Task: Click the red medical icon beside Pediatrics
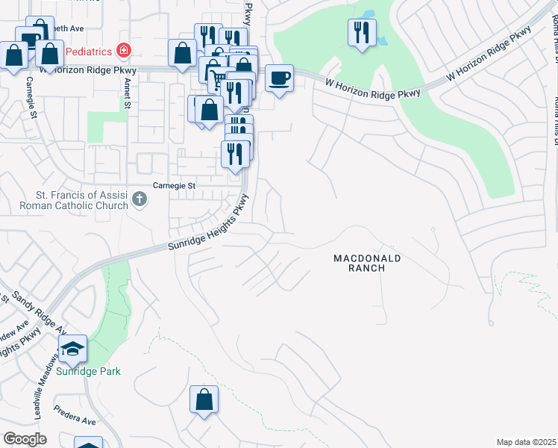124,51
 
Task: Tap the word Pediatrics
88,52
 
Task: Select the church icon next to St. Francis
139,199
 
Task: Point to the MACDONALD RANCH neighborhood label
367,263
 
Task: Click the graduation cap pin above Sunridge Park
72,348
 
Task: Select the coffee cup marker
279,78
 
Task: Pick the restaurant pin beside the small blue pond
362,31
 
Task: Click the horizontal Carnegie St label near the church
174,185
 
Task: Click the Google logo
25,439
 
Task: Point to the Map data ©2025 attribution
526,442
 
